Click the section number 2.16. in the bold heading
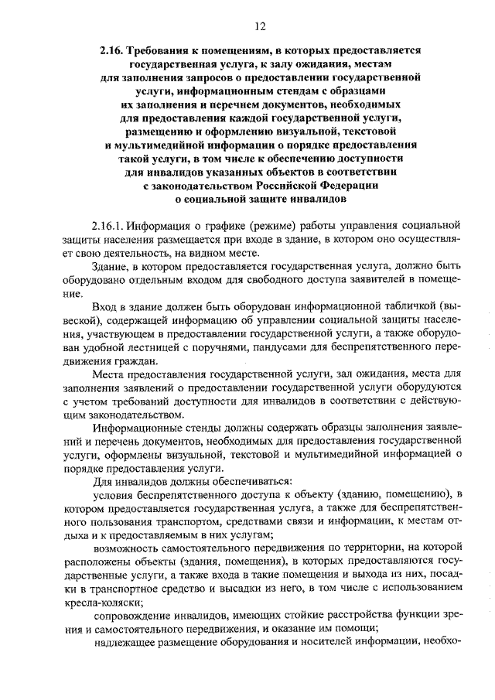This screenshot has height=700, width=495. tap(114, 50)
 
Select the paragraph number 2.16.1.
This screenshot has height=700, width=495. tap(108, 227)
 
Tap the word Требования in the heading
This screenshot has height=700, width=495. tap(170, 50)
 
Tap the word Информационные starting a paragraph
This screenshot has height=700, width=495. tap(138, 429)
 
